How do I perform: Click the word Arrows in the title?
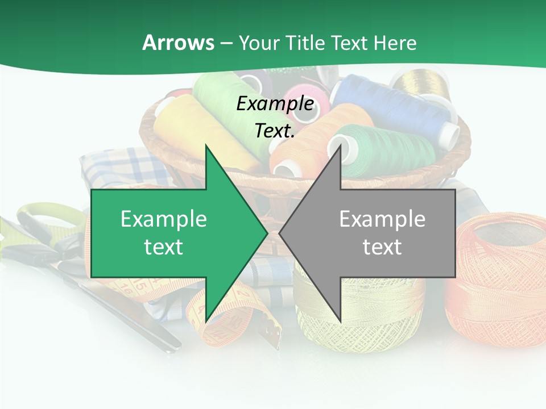coord(178,43)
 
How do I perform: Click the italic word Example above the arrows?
coord(275,103)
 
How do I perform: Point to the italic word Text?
coord(275,131)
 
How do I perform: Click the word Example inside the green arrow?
coord(164,219)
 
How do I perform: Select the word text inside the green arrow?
coord(164,247)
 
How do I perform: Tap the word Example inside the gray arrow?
coord(382,219)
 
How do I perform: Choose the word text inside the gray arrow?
coord(382,247)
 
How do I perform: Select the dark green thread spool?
coord(392,151)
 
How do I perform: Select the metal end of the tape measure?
coord(274,335)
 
